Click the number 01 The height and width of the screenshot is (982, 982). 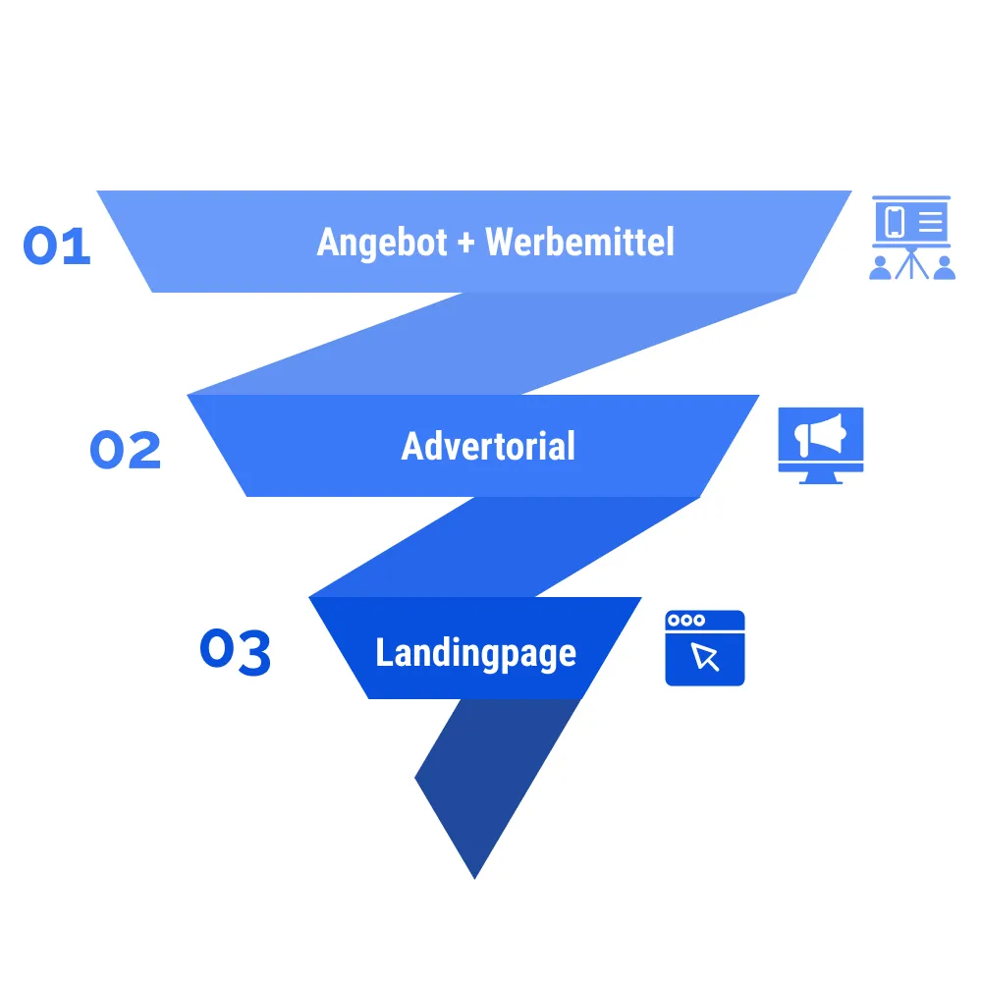pos(57,245)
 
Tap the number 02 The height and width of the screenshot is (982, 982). pos(125,451)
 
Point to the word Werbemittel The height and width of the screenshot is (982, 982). pos(580,242)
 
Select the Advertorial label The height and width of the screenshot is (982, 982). pos(488,447)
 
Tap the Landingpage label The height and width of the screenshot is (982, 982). pos(475,653)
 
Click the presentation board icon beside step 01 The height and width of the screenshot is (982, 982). pos(912,237)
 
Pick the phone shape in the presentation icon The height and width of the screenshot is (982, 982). pos(895,222)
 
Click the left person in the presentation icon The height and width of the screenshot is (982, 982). pos(881,267)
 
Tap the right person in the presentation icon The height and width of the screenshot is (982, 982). pos(944,267)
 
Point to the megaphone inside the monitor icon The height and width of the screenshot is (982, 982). pos(820,435)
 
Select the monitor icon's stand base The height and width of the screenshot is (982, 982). pos(821,478)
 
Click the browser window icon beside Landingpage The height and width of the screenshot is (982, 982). pos(705,648)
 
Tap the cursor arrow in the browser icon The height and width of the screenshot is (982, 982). pos(706,656)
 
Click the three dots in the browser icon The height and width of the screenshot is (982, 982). pos(685,621)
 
